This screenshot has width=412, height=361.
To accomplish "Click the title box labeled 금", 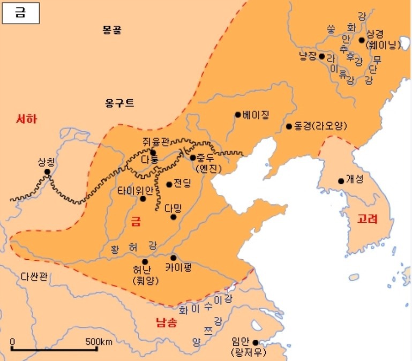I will point(21,13).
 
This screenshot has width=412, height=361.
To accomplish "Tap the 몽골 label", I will point(112,30).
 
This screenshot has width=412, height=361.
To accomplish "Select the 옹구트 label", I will point(119,103).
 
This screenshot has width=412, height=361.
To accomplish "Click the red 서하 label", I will point(26,119).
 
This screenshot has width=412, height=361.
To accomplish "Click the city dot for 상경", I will point(362,40).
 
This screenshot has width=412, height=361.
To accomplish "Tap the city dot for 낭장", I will point(321,56).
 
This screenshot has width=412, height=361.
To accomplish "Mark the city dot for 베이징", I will point(237,114).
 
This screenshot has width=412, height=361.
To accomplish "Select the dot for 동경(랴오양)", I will point(289,126).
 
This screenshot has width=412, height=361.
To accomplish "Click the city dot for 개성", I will point(341,180).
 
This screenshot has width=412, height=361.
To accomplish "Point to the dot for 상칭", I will point(47,172).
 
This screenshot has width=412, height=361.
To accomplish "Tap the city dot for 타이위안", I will point(143,199).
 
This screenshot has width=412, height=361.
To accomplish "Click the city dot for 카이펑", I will point(173,258).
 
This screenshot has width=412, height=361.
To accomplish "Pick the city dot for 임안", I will point(256,343).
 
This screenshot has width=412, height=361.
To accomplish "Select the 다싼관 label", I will point(35,276).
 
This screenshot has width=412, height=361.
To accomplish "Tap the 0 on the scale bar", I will point(12,341).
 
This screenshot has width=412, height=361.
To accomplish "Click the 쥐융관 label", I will point(155,141).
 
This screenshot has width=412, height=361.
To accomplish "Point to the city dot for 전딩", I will point(169,184).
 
